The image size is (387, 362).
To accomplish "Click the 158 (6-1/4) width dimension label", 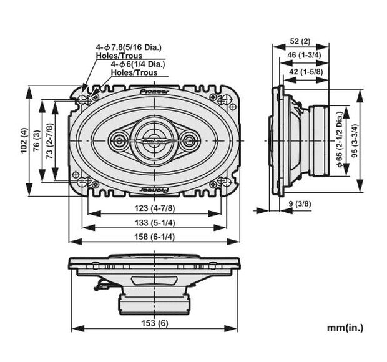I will tap(154, 237).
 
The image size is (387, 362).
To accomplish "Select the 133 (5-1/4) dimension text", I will tap(154, 223).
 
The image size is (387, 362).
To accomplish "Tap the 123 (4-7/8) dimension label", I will tap(154, 208).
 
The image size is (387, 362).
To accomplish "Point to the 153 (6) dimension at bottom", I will tap(154, 323).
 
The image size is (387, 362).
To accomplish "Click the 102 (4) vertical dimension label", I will tap(24, 141).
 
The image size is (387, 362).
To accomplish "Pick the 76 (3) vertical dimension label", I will tap(37, 141).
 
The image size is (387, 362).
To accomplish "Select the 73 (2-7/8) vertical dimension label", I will tap(50, 141).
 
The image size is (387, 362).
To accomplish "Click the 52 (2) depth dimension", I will tap(301, 41).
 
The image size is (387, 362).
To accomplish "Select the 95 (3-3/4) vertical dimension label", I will tap(355, 141).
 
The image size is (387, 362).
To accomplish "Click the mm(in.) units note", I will tap(345, 327).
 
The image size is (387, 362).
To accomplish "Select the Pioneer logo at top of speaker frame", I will tap(154, 90).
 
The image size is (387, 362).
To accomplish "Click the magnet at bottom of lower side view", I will tap(154, 303).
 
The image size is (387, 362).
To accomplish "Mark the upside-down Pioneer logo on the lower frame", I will tap(154, 188).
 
